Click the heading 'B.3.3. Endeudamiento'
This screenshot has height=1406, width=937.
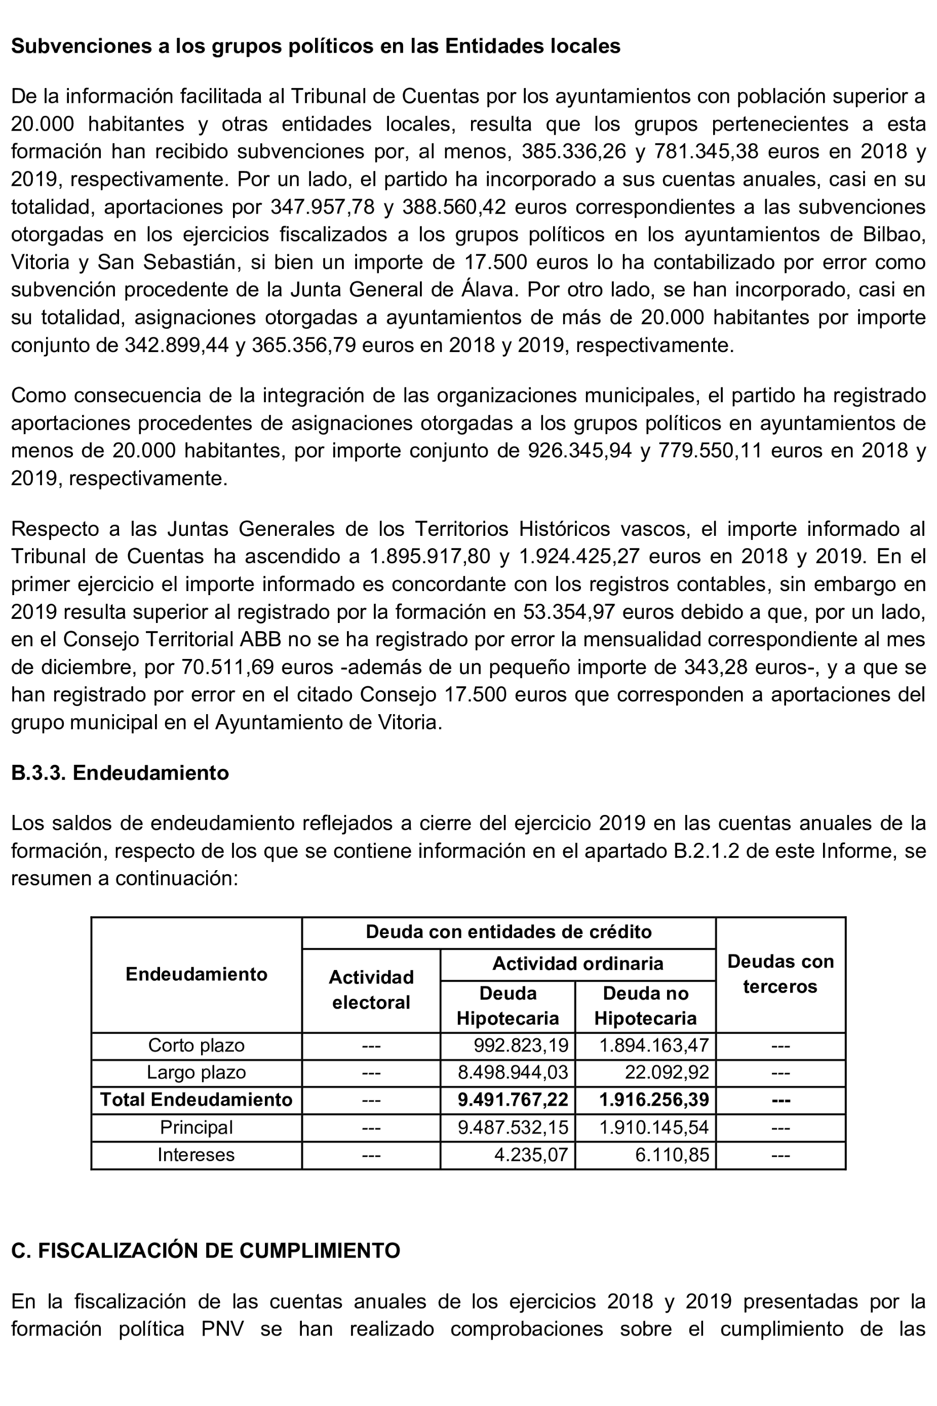pyautogui.click(x=120, y=772)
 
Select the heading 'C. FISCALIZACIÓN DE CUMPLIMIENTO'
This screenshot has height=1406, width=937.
pyautogui.click(x=206, y=1250)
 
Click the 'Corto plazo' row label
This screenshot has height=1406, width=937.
pyautogui.click(x=196, y=1045)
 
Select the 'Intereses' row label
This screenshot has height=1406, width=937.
pyautogui.click(x=196, y=1154)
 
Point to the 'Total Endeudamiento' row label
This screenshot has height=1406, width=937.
pyautogui.click(x=196, y=1100)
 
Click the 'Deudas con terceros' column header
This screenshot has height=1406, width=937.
pyautogui.click(x=780, y=974)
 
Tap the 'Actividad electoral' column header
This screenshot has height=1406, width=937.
pyautogui.click(x=371, y=990)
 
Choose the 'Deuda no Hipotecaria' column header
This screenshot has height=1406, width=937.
pyautogui.click(x=645, y=1006)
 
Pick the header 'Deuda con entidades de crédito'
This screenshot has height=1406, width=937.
pyautogui.click(x=509, y=931)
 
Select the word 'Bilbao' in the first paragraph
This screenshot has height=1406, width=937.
pyautogui.click(x=893, y=234)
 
